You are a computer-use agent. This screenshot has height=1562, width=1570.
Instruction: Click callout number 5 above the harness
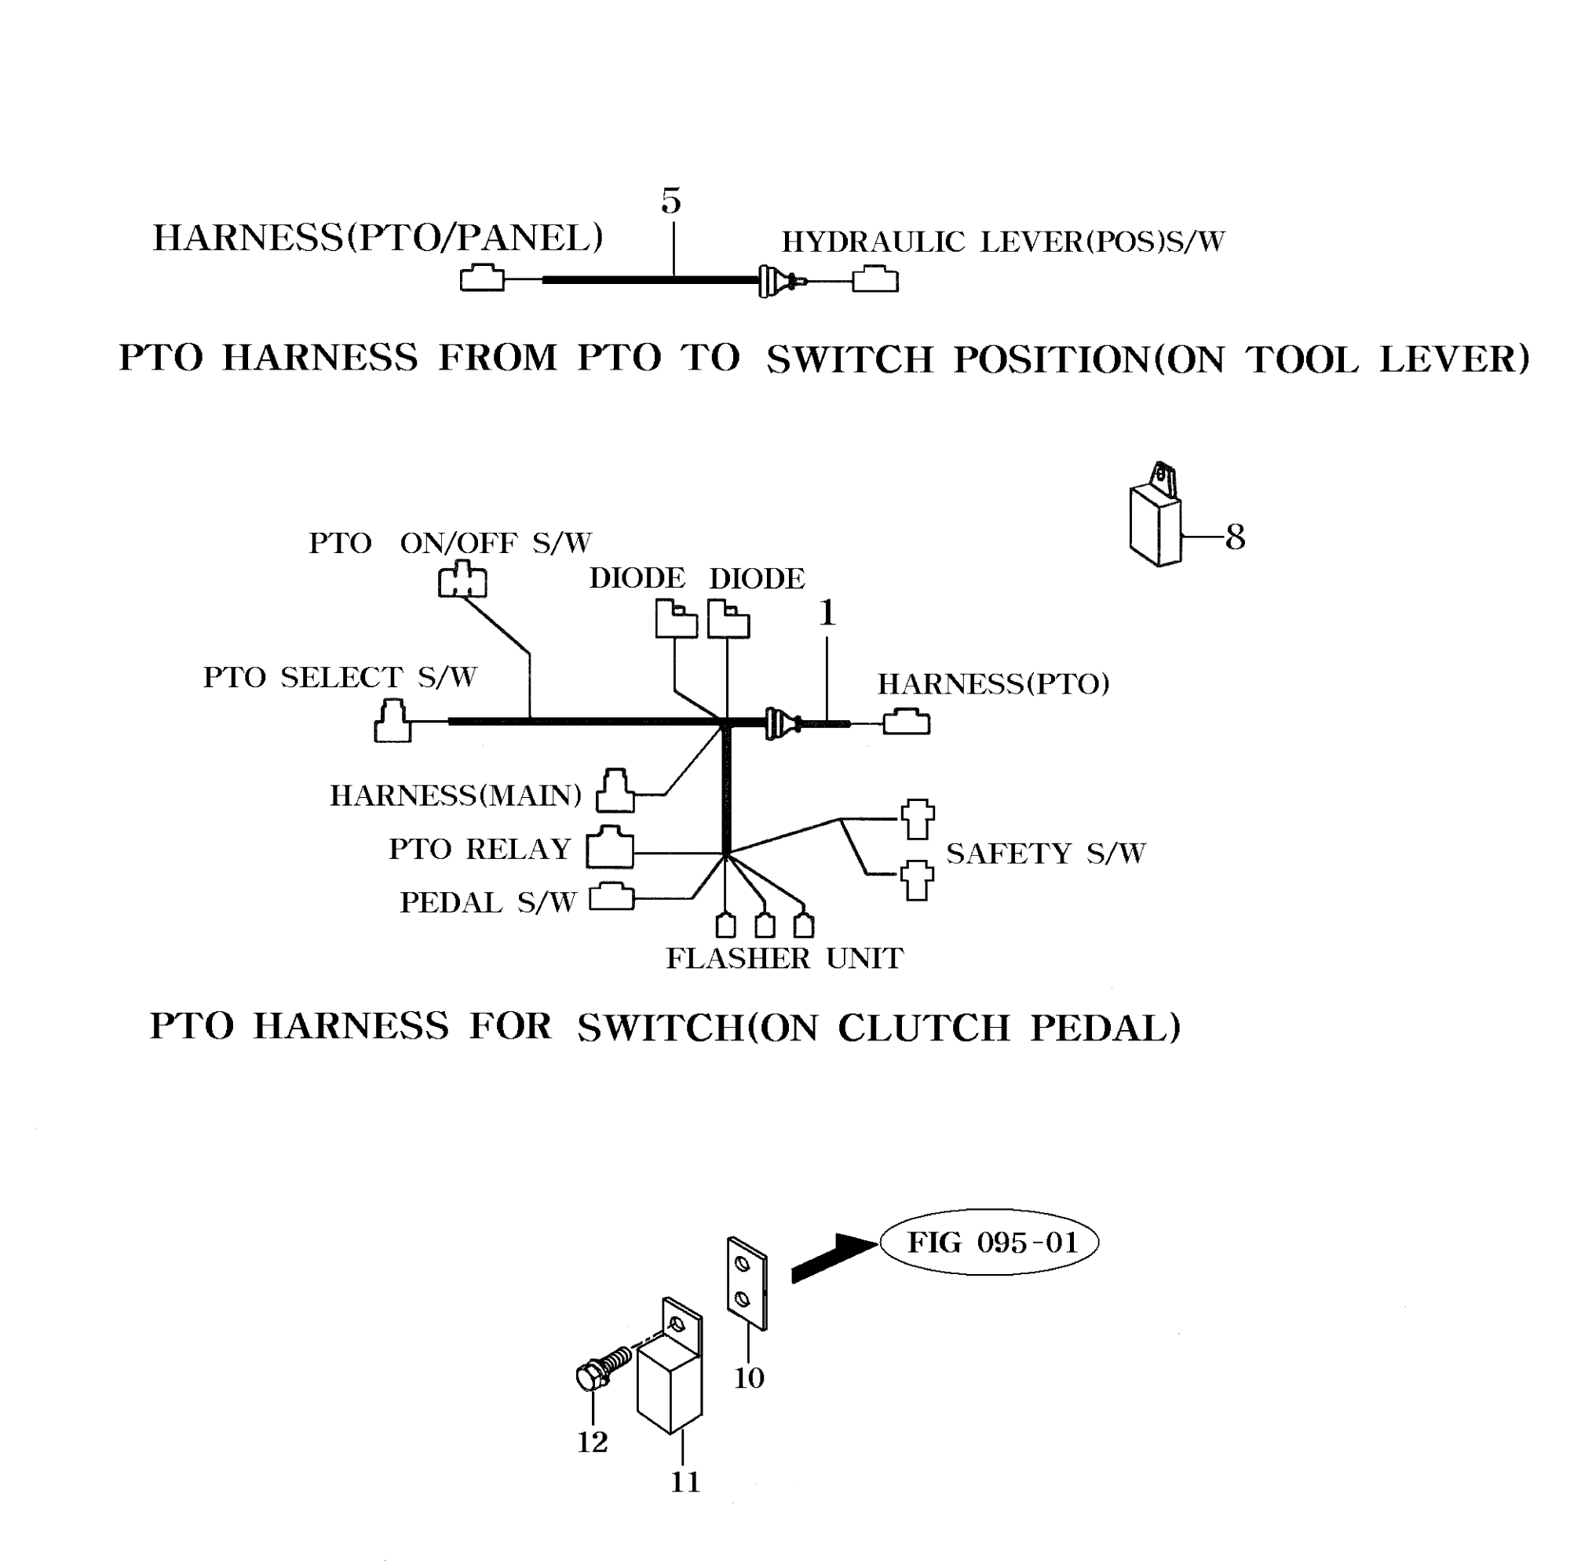click(x=670, y=201)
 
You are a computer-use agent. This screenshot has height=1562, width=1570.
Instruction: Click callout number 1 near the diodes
click(x=827, y=614)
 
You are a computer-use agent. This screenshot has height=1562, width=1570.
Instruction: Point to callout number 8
click(x=1235, y=537)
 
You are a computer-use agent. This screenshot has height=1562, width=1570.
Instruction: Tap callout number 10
click(x=748, y=1378)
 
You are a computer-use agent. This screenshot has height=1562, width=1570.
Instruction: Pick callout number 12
click(x=593, y=1442)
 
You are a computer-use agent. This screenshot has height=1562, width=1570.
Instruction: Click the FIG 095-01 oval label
click(x=990, y=1243)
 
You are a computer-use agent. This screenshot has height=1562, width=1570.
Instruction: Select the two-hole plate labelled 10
click(x=746, y=1284)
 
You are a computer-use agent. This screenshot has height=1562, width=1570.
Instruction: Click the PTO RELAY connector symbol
click(x=609, y=847)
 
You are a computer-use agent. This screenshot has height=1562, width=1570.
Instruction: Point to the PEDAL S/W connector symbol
click(x=611, y=897)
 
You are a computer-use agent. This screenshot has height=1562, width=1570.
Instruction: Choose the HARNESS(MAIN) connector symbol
click(x=615, y=791)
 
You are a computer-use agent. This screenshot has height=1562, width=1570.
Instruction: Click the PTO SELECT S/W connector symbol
click(x=392, y=721)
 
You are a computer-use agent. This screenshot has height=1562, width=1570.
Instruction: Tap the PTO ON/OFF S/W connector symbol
click(x=462, y=580)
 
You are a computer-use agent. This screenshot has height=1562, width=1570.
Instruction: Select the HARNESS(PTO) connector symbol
click(x=906, y=721)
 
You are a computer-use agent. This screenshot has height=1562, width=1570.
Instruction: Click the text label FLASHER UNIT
click(x=784, y=959)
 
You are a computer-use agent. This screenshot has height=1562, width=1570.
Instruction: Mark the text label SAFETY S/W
click(x=1046, y=854)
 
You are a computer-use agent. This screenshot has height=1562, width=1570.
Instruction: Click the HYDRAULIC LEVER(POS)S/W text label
click(x=1002, y=242)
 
